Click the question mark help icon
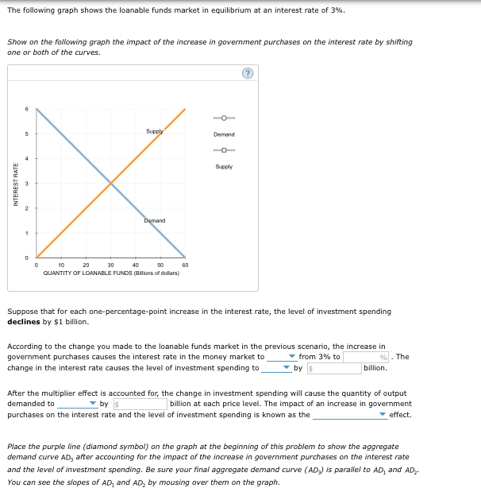click(x=248, y=73)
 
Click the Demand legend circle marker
click(x=224, y=119)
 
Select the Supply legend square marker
click(x=224, y=151)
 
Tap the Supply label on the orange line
click(x=155, y=130)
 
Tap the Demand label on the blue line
click(x=155, y=220)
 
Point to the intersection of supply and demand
click(x=111, y=184)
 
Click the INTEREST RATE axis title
click(x=16, y=184)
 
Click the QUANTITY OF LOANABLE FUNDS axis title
click(x=111, y=273)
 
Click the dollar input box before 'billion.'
click(x=333, y=368)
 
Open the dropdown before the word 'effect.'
click(x=349, y=414)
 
